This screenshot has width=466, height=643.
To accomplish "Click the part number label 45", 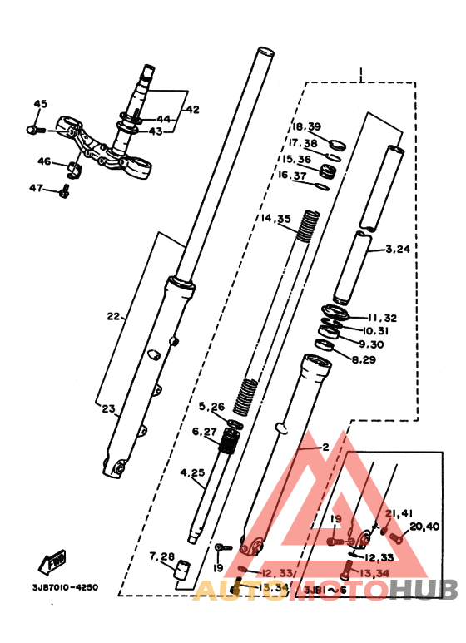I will click(41, 104).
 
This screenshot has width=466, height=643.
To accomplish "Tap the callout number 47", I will click(36, 189).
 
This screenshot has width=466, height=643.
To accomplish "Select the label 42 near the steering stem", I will click(192, 110).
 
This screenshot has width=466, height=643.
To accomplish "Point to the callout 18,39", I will click(306, 126).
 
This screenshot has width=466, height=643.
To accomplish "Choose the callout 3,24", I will click(399, 248).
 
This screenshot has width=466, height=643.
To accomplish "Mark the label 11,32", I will click(383, 318).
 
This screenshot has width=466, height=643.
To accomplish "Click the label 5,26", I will click(211, 407).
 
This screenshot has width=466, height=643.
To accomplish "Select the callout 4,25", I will click(192, 473).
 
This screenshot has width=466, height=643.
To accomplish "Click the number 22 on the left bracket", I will click(114, 316).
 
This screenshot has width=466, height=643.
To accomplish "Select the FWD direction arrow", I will click(56, 563).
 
